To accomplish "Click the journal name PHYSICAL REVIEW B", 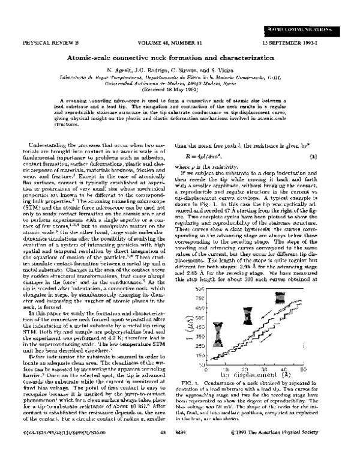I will click(x=44, y=44).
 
